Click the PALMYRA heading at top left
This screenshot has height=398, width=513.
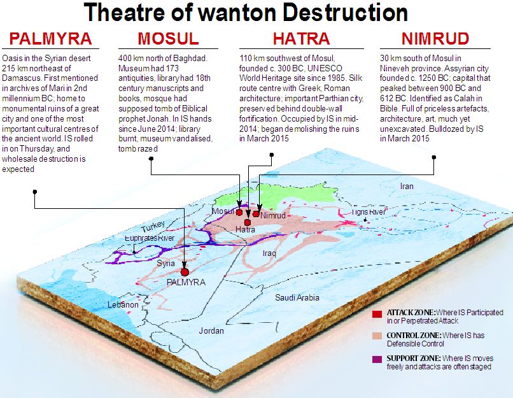coord(48,39)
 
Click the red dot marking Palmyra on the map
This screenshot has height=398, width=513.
coord(185,272)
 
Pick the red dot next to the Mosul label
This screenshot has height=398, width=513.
coord(239,212)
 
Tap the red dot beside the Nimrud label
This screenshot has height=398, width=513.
coord(256,214)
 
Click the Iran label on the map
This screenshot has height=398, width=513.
coord(406,187)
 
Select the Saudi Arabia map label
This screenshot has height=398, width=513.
coord(297,298)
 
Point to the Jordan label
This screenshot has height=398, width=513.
coord(211,330)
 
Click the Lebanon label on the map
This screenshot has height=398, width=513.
coord(123,305)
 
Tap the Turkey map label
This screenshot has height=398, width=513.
coord(153,227)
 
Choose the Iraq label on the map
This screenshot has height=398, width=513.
coord(269,253)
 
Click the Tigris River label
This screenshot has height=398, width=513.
coord(369,212)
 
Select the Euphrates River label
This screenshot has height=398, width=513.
coord(150,238)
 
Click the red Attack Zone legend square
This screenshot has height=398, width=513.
coord(377,313)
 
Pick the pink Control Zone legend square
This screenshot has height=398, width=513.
coord(377,336)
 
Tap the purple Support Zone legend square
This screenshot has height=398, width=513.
coord(377,359)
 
